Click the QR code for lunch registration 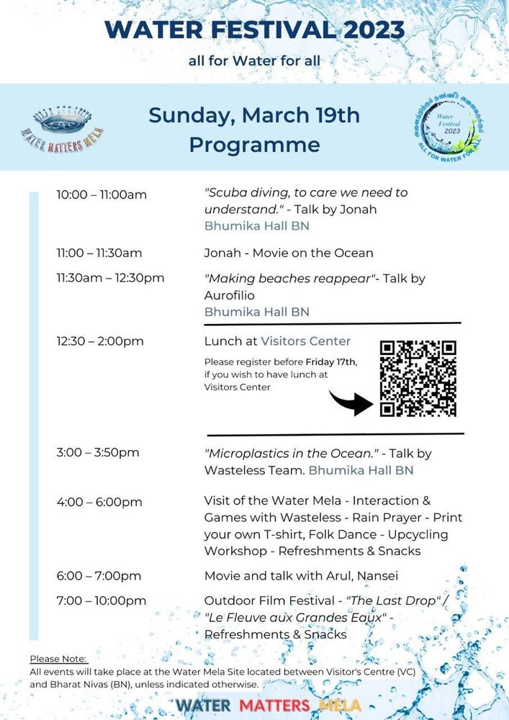click(418, 378)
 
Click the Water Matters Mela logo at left click(62, 128)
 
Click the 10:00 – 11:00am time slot click(102, 194)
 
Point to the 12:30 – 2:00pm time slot click(100, 341)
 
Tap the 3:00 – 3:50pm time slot click(98, 453)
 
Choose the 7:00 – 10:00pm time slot click(102, 600)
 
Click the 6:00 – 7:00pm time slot click(99, 576)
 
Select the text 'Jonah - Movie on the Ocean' click(289, 253)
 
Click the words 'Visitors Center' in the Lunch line click(305, 341)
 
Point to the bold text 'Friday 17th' click(331, 361)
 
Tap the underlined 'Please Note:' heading click(59, 659)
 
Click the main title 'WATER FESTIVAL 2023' click(254, 30)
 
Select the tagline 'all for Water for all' click(254, 60)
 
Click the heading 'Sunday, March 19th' click(254, 115)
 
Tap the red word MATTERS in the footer click(274, 705)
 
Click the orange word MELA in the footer click(339, 705)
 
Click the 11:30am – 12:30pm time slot click(110, 278)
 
